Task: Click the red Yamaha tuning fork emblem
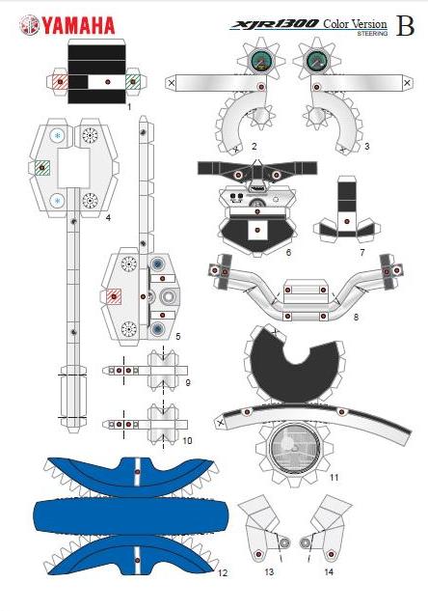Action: tap(30, 25)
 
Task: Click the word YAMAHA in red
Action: tap(79, 26)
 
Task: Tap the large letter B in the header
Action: tap(405, 26)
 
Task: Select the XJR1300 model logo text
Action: tap(275, 24)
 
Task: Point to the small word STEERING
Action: tap(372, 34)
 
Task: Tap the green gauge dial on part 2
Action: tap(260, 61)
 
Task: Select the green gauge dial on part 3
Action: tap(317, 61)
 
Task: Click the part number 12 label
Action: tap(223, 572)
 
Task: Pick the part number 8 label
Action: tap(356, 318)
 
